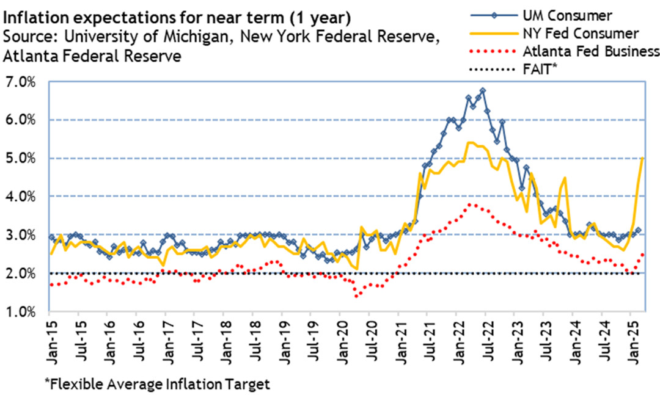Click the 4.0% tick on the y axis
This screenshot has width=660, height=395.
21,197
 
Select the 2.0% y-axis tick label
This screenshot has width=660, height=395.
21,273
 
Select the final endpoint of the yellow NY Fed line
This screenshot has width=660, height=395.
643,158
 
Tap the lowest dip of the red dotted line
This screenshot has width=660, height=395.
356,295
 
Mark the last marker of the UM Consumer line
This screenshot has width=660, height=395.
638,231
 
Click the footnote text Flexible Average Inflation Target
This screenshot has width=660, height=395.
157,384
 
